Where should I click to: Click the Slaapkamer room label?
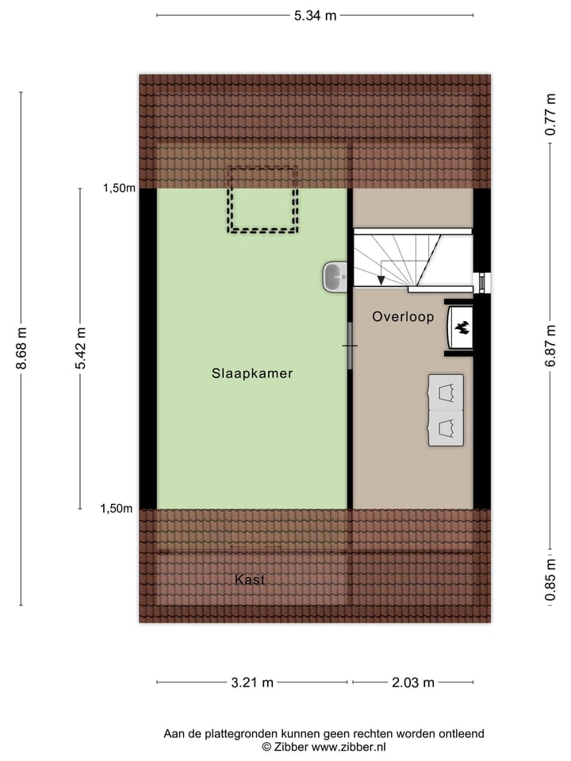point(252,373)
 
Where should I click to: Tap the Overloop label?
point(403,317)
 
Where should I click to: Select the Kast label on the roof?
point(250,580)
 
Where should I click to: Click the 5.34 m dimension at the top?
point(316,15)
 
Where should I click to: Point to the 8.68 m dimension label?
point(21,349)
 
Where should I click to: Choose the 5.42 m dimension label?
point(79,349)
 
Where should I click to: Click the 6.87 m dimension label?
point(550,349)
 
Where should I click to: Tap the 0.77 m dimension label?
point(550,115)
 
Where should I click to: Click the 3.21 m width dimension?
point(251,682)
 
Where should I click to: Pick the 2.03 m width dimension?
point(412,682)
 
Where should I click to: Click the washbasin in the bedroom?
point(334,277)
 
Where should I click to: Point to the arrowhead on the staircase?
point(381,279)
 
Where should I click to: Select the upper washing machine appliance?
point(446,392)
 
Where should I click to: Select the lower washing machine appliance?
point(446,428)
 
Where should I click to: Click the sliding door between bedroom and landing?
point(350,346)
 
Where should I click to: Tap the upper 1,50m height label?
point(118,189)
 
